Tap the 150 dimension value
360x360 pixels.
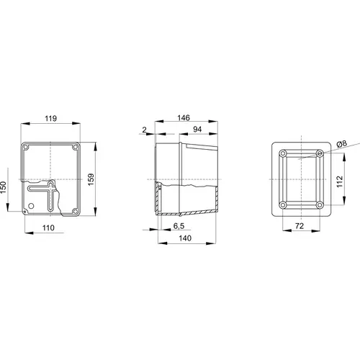tap(4, 186)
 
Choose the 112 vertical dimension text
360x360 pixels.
tap(340, 179)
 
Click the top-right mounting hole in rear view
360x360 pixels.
tap(320, 155)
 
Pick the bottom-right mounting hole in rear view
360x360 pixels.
tap(320, 205)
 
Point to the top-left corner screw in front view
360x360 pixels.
tap(26, 148)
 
